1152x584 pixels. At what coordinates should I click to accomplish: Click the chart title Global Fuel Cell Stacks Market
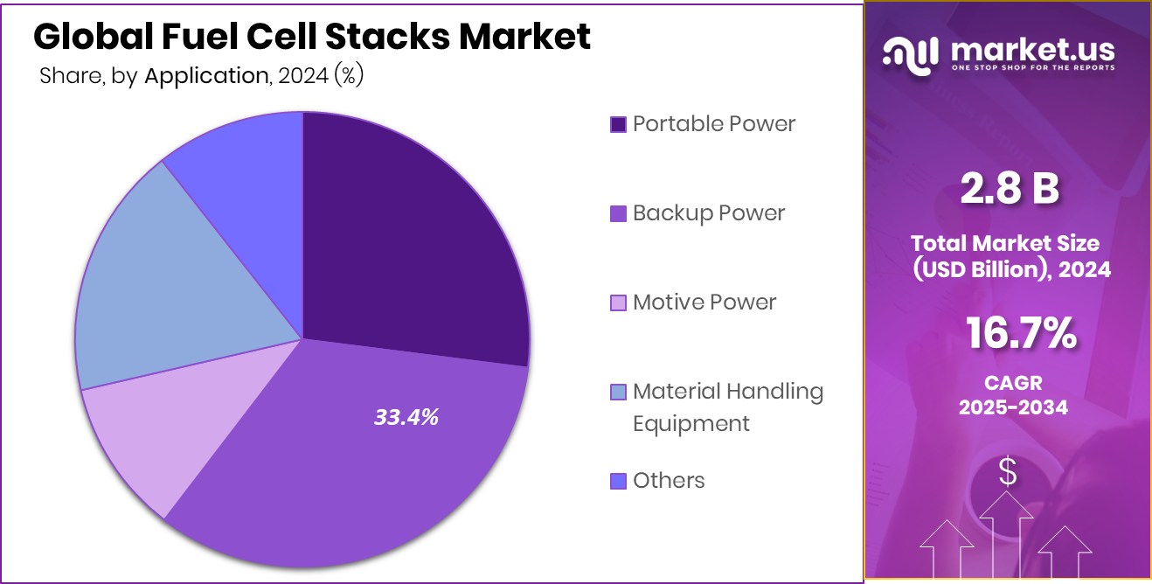312,37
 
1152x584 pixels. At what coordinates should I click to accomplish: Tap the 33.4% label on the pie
406,418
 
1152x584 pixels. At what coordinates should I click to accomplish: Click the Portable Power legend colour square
618,125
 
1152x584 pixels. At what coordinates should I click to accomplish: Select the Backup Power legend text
709,212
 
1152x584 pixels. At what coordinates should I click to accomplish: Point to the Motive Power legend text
704,302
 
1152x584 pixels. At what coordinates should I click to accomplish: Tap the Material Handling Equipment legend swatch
618,393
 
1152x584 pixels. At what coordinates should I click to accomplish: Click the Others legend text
669,480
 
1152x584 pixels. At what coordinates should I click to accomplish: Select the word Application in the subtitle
206,76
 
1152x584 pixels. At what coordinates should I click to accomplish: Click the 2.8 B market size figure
1009,190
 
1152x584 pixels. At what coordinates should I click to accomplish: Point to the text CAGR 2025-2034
1013,394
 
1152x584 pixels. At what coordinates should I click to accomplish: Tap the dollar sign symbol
1008,472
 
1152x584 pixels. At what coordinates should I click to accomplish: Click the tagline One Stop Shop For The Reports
1031,68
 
